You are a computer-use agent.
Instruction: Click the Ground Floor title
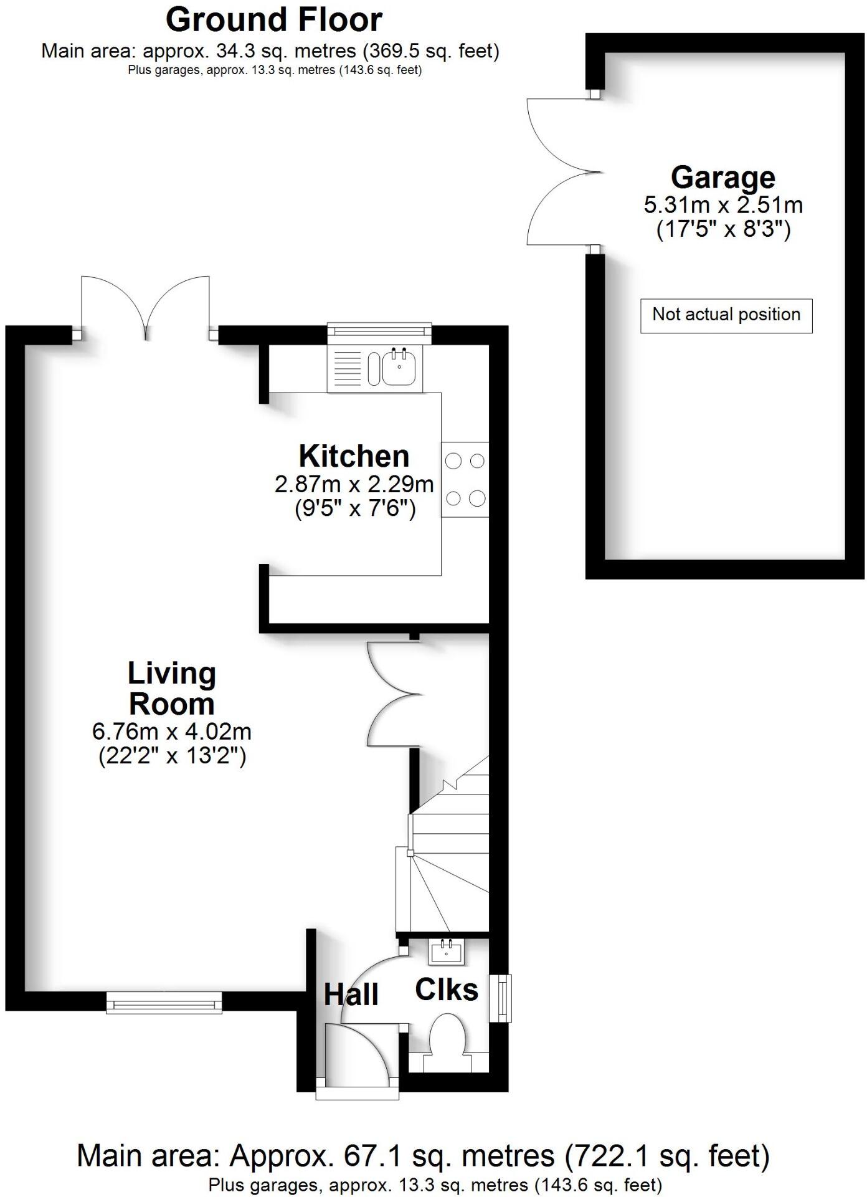[273, 20]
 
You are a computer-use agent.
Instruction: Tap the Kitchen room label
[354, 456]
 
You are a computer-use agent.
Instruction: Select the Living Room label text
[172, 689]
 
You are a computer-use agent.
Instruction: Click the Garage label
[722, 178]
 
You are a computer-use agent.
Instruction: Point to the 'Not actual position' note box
[726, 315]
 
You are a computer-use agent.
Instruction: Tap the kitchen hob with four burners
[465, 479]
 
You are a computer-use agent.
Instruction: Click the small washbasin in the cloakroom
[445, 951]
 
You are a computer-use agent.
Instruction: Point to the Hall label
[351, 995]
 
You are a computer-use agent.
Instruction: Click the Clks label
[446, 990]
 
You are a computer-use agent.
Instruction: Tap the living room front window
[164, 1003]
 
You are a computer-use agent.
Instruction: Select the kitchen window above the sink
[379, 333]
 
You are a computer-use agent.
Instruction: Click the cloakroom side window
[500, 998]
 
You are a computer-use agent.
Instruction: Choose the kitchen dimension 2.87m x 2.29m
[354, 484]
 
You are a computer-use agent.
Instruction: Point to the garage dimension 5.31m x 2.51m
[722, 205]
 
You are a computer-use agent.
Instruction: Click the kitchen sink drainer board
[347, 368]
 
